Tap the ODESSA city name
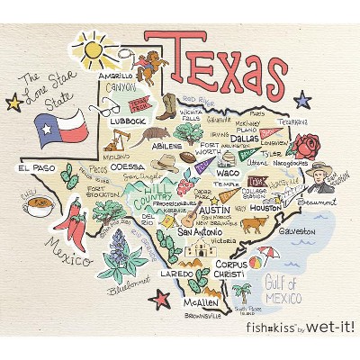pos(127,166)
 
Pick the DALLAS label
pos(245,139)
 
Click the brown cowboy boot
pos(166,105)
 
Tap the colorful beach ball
pos(256,263)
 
